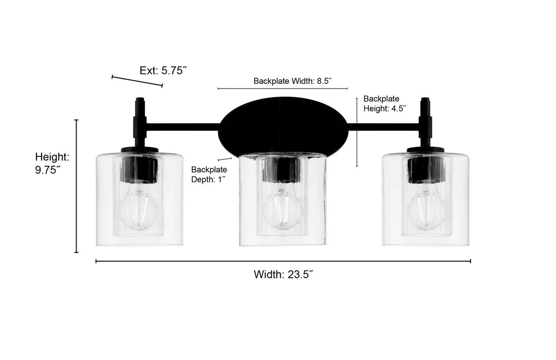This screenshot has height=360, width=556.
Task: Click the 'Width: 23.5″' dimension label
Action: [x=283, y=275]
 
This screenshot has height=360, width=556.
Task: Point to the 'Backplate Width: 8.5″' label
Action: [x=292, y=81]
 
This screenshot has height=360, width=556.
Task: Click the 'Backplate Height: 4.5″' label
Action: [x=385, y=103]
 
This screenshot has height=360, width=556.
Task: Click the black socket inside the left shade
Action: [x=139, y=169]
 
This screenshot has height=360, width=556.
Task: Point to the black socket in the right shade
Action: [x=425, y=169]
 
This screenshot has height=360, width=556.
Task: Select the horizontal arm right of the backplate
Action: [x=383, y=125]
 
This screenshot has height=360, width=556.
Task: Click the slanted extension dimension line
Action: [x=137, y=81]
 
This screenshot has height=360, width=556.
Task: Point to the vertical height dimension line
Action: [x=77, y=186]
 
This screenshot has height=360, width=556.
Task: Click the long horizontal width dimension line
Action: [x=283, y=261]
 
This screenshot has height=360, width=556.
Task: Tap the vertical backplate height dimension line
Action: [x=357, y=133]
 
